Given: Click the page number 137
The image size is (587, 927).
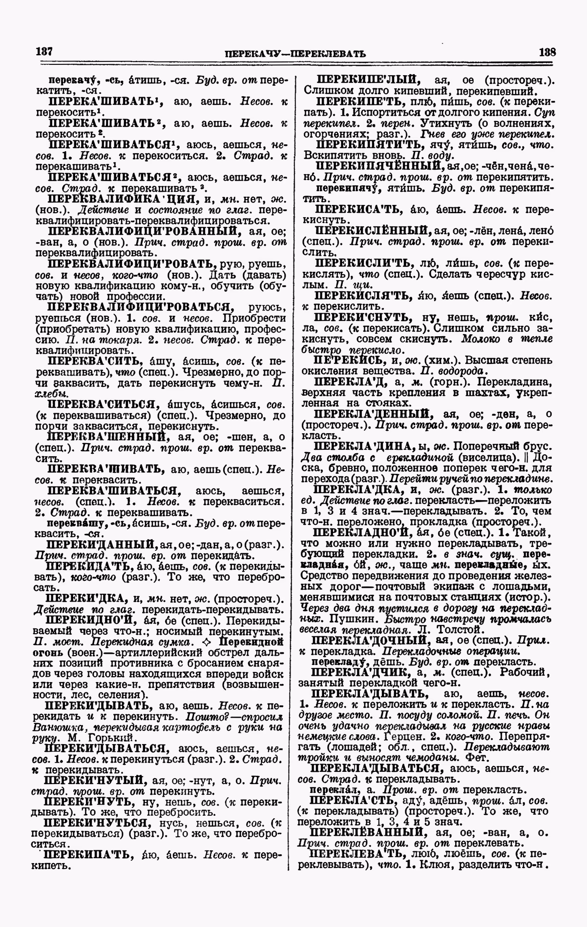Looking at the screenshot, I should (43, 52).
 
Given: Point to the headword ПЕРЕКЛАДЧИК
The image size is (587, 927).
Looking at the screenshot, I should (360, 673).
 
